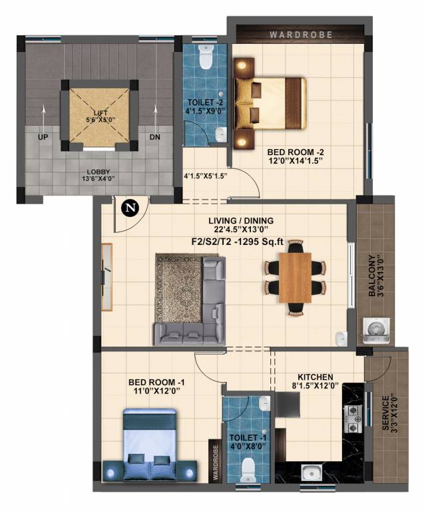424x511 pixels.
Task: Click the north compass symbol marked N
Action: (130, 208)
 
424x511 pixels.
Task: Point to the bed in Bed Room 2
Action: (270, 102)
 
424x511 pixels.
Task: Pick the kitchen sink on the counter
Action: (310, 473)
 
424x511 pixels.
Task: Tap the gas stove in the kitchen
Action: (351, 416)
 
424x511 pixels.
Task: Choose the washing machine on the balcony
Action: (375, 330)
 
